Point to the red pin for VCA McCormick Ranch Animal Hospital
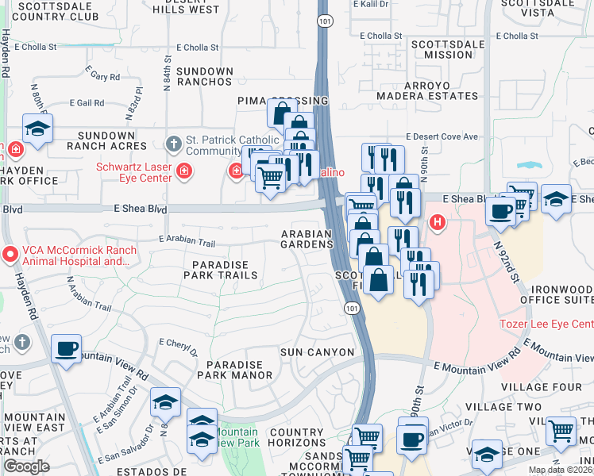coord(10,255)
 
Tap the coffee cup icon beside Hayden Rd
coord(65,348)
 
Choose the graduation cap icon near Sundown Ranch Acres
coord(37,129)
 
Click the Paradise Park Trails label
coord(221,270)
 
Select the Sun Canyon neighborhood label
coord(317,351)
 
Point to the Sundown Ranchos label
coord(205,76)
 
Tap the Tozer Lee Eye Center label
coord(546,324)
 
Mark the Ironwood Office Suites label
coord(557,294)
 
